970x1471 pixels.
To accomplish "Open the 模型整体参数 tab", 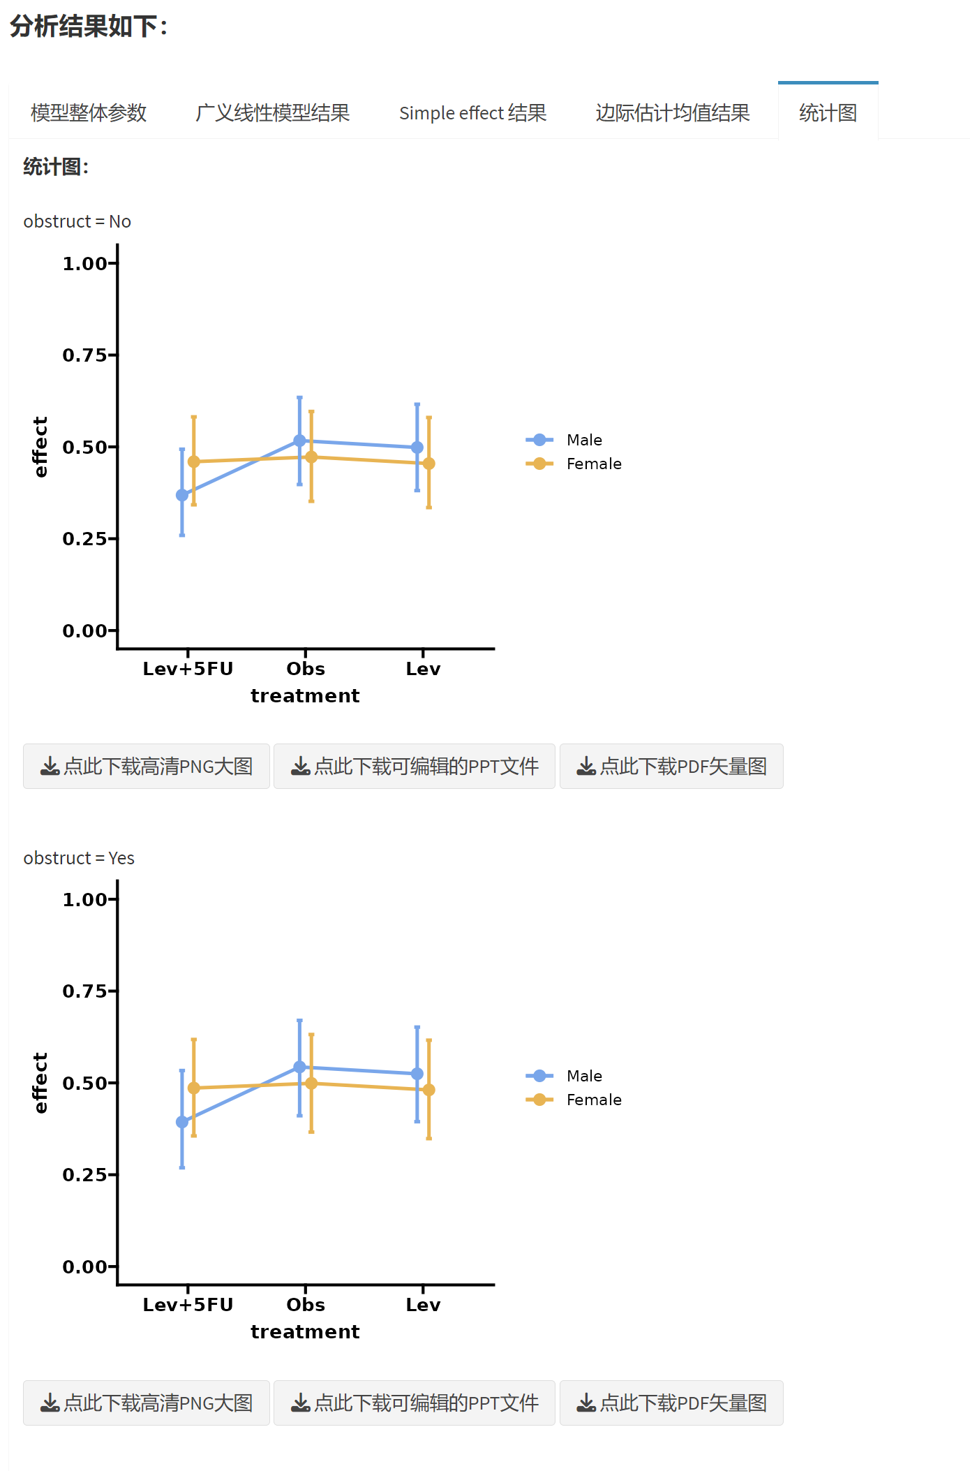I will (x=89, y=112).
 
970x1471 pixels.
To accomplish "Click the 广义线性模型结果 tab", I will (x=272, y=112).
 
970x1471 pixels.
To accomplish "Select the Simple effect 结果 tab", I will (x=472, y=112).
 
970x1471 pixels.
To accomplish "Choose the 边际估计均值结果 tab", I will (x=672, y=112).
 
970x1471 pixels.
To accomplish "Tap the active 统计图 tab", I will (x=828, y=112).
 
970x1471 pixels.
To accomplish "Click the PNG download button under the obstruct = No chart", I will (x=147, y=766).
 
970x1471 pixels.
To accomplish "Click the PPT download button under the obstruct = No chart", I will (x=415, y=766).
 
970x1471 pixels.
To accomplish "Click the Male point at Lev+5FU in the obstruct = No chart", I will (x=182, y=495).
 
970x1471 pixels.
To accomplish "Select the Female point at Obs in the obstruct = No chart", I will (x=311, y=457).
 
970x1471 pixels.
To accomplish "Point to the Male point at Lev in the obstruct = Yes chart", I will (x=417, y=1074).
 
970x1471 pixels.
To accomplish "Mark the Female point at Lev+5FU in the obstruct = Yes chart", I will (x=194, y=1088).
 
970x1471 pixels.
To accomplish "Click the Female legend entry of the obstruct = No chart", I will (x=593, y=464).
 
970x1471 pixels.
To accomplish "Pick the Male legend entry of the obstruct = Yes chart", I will (x=583, y=1076).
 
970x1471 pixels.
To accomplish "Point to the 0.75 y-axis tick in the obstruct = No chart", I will (x=85, y=355).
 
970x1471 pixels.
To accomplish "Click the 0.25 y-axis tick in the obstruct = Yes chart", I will (x=85, y=1175).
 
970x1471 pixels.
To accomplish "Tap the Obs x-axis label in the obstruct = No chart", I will (x=306, y=669).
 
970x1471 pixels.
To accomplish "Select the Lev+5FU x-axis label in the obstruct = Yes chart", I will (x=188, y=1305).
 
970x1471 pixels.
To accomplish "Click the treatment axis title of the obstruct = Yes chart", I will (x=305, y=1331).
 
